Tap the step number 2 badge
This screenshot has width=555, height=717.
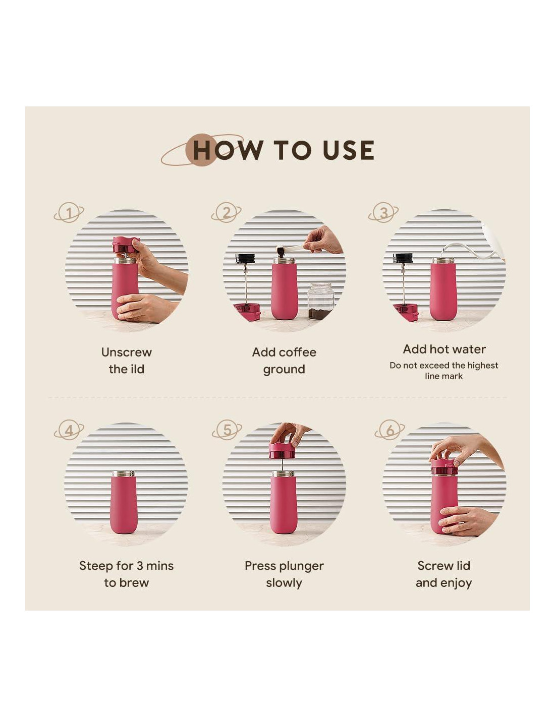click(226, 212)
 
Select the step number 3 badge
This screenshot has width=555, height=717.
click(383, 212)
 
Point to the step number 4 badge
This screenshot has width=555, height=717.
click(69, 430)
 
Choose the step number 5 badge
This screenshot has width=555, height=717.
click(227, 430)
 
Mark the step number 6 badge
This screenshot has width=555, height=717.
click(390, 430)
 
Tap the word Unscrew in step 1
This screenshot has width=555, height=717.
click(126, 352)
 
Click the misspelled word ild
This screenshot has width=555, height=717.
click(136, 369)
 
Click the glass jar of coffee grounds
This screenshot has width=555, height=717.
click(320, 301)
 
